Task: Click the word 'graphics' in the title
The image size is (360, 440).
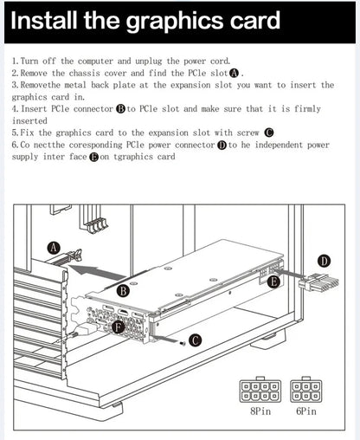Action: (x=176, y=22)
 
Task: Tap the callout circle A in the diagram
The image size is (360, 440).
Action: (x=54, y=248)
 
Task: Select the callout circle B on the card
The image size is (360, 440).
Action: (x=123, y=290)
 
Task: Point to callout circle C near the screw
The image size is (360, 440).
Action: (x=196, y=340)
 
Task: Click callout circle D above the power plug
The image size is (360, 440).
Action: (x=325, y=262)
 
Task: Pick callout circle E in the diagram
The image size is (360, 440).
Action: (x=273, y=281)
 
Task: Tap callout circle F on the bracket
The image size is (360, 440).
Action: (x=119, y=327)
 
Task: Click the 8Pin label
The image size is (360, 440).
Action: (x=260, y=411)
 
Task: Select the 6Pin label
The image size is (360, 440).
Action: (x=306, y=411)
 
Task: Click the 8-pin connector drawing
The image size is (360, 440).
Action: (x=260, y=390)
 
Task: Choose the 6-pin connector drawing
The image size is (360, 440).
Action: (x=306, y=390)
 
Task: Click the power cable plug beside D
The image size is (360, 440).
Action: (x=318, y=283)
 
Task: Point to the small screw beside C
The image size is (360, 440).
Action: (x=182, y=343)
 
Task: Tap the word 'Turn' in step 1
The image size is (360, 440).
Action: (x=29, y=61)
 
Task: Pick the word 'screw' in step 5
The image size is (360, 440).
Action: (x=248, y=133)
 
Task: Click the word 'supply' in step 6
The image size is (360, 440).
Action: (x=25, y=158)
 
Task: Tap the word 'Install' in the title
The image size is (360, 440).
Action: (x=44, y=20)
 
